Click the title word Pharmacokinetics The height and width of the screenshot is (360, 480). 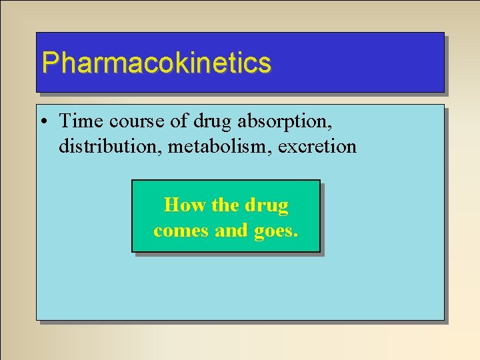click(156, 63)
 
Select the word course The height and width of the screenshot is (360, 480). click(133, 121)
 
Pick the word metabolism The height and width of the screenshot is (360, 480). click(213, 146)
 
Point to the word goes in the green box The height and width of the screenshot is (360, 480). click(275, 232)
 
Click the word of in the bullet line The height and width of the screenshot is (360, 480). click(180, 121)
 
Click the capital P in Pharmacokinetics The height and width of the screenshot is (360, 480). click(49, 63)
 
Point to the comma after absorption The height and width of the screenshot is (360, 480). click(331, 127)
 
